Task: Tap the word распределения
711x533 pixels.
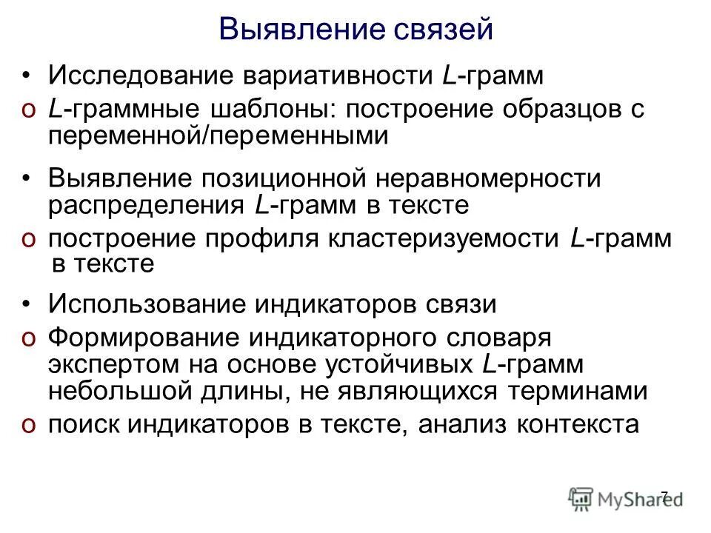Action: click(146, 204)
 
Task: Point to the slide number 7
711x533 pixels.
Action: click(664, 495)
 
